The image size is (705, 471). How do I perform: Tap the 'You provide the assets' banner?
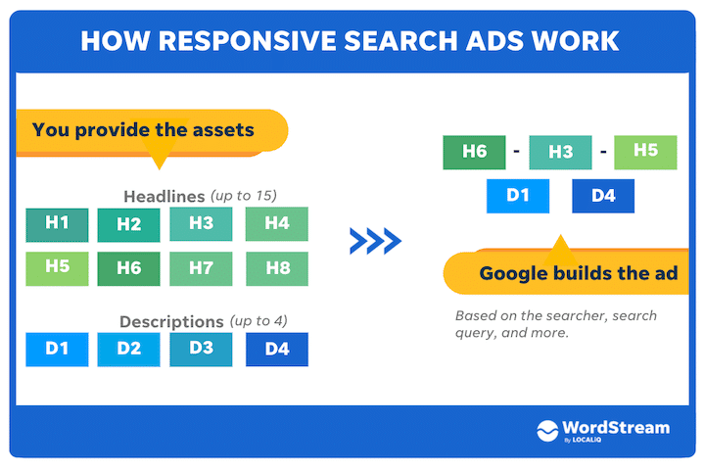coord(147,130)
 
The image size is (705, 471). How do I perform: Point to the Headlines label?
coord(164,195)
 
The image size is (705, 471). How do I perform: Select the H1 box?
coord(57,224)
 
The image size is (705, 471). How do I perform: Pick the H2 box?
coord(129,225)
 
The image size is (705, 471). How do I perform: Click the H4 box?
coord(277,224)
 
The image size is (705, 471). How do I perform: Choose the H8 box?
coord(277,268)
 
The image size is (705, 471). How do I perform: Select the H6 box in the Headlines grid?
coord(129,268)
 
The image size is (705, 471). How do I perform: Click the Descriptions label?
coord(171,321)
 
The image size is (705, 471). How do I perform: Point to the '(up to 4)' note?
coord(258,321)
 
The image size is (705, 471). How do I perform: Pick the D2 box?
coord(129,349)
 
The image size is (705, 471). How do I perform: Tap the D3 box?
coord(201,349)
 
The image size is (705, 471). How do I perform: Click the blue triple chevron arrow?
coord(375,241)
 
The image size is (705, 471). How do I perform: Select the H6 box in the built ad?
coord(474,152)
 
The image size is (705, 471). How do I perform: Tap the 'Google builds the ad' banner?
coord(578,273)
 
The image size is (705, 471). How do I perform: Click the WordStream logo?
coord(603,431)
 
